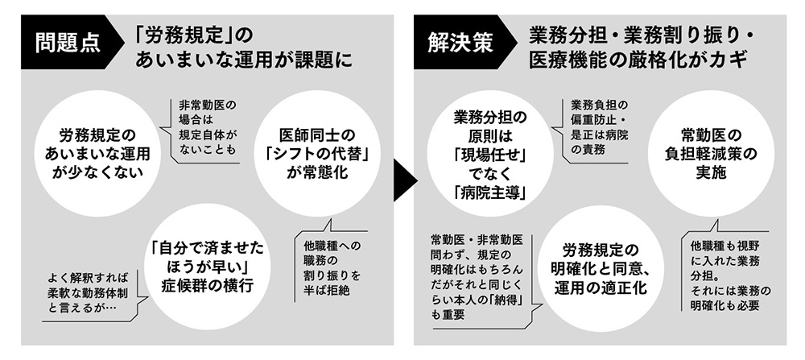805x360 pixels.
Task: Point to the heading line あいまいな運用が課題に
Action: (x=245, y=61)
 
